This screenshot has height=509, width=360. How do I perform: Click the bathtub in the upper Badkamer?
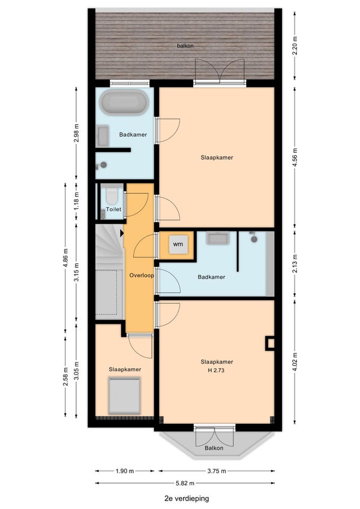point(124,102)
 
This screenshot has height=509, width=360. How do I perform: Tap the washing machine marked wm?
point(178,244)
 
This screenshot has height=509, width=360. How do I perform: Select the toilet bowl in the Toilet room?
point(112,196)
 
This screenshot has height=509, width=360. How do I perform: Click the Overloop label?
point(142,275)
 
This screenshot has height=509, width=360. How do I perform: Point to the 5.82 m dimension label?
point(185,483)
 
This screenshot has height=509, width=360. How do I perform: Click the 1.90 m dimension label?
point(125,471)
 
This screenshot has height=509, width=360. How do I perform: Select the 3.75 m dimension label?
point(217,471)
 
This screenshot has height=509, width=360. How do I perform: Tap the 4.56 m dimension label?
point(295,157)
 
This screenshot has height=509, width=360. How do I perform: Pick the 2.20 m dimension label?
point(295,46)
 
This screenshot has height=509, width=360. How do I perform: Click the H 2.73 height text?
point(216,370)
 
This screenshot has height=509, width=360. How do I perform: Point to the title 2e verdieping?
point(187,498)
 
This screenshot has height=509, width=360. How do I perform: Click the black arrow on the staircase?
point(122,233)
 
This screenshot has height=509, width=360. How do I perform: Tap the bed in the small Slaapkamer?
point(124,396)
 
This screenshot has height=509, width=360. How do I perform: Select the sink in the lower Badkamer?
point(218,238)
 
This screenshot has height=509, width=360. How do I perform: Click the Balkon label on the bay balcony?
point(214,448)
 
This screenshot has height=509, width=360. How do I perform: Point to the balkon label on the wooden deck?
point(185,46)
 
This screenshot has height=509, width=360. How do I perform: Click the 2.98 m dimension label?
point(76,133)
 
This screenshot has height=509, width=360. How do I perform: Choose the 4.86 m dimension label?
point(65,258)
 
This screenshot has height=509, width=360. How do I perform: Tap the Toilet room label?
point(114,209)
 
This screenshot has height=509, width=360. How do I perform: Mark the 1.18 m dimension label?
point(76,201)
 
